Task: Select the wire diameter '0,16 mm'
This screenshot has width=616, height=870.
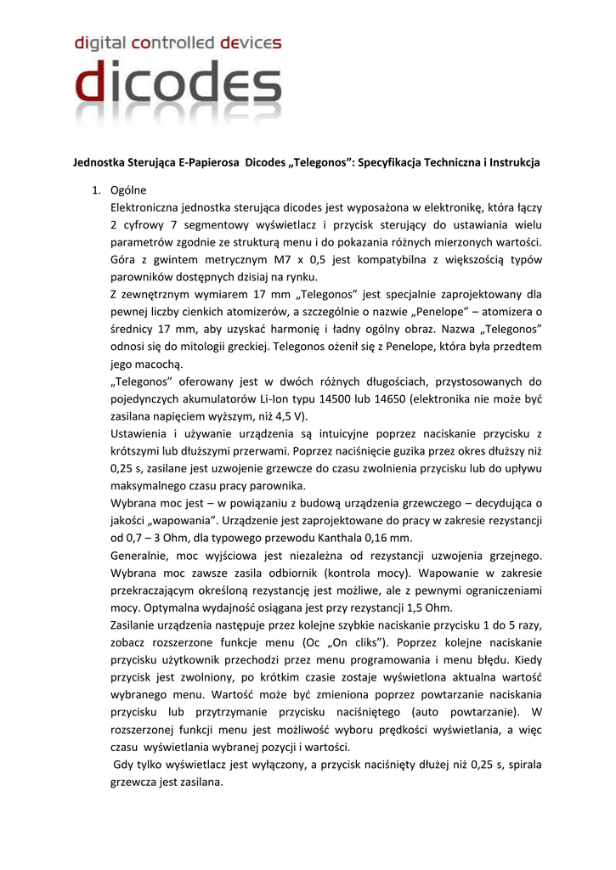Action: [391, 539]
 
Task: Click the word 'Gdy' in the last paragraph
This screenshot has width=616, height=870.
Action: [125, 765]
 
